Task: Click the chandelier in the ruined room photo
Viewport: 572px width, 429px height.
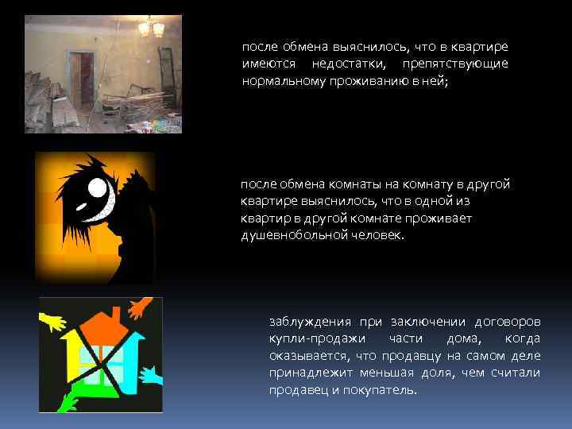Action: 151,29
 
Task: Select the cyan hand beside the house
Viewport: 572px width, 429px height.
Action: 151,373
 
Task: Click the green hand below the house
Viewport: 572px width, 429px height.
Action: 68,397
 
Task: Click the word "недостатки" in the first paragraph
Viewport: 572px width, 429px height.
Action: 346,63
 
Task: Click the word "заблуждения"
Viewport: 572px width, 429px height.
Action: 311,322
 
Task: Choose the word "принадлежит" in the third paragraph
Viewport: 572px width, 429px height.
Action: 310,373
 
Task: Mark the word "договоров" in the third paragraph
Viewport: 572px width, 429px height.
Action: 508,322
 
